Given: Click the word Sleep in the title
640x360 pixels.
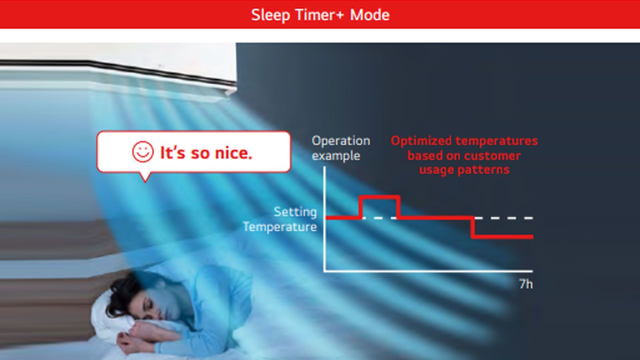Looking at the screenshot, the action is coord(270,15).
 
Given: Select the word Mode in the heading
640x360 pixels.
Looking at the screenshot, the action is coord(370,14).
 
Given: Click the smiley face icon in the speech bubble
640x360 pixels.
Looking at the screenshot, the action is coord(143,152).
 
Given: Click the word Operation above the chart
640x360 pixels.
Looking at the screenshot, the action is coord(341,141).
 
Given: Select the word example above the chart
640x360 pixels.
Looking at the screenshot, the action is coord(336,156).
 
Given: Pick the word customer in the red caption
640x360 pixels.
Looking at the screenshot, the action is coord(492,156).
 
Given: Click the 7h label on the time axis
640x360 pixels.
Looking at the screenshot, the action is coord(526,284).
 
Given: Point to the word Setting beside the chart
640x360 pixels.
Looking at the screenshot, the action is coord(295,212).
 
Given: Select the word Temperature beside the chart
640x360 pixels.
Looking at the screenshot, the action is coord(280,227).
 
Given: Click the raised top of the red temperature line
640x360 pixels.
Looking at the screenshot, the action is coord(380,197).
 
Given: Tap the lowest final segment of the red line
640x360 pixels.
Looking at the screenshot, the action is coord(502,236).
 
